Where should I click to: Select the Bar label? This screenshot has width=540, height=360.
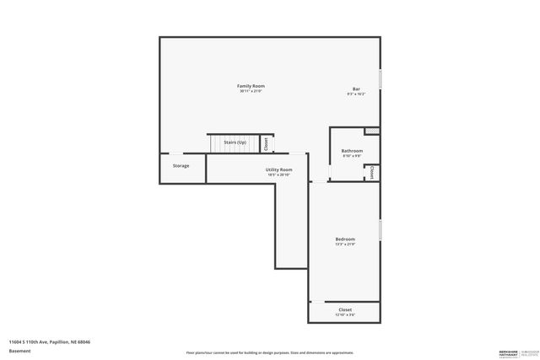(355, 89)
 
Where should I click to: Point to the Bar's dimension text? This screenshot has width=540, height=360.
(355, 94)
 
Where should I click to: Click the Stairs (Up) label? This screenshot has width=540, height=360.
(235, 142)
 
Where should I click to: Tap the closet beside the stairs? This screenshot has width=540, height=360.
(267, 144)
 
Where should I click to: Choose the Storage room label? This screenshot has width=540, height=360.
(181, 166)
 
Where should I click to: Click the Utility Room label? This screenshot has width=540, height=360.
(279, 170)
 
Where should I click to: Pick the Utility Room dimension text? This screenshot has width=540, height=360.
(279, 175)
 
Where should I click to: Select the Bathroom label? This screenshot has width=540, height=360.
(352, 151)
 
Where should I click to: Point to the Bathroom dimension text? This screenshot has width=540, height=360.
(352, 156)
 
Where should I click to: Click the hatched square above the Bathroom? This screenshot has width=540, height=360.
(371, 131)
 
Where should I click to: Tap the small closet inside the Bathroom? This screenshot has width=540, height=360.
(371, 172)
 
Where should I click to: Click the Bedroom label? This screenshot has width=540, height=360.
(345, 239)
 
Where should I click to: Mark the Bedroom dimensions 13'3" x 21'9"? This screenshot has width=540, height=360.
(345, 244)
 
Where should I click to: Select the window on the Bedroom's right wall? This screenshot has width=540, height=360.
(381, 229)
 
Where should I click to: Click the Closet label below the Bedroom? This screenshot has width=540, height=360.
(345, 309)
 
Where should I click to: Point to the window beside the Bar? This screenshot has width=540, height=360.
(381, 80)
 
